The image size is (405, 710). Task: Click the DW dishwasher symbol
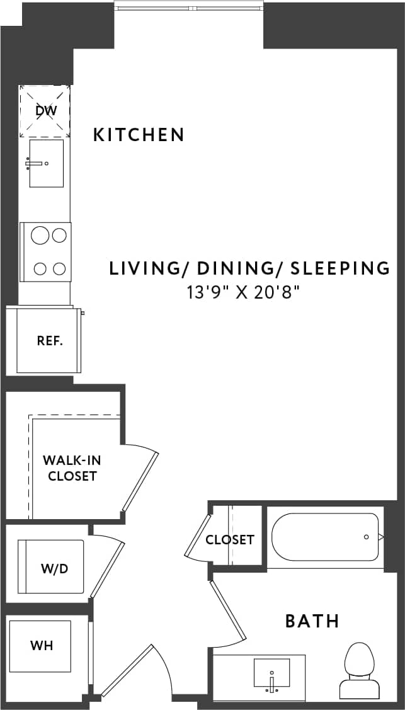(x=45, y=112)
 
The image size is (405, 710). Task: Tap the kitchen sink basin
(x=46, y=164)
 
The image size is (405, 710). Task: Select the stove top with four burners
(x=45, y=252)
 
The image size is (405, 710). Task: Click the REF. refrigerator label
(x=49, y=341)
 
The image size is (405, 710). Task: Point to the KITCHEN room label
(x=139, y=135)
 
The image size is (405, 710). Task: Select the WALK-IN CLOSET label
(x=72, y=468)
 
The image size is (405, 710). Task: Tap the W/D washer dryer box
(x=54, y=567)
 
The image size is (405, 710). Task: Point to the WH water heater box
(x=42, y=646)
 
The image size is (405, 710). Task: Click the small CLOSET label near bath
(x=230, y=540)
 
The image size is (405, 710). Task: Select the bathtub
(x=325, y=537)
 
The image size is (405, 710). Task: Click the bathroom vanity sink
(x=271, y=673)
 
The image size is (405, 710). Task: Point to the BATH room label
(x=312, y=621)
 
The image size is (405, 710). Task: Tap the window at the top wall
(x=188, y=6)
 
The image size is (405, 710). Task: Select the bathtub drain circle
(x=366, y=537)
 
